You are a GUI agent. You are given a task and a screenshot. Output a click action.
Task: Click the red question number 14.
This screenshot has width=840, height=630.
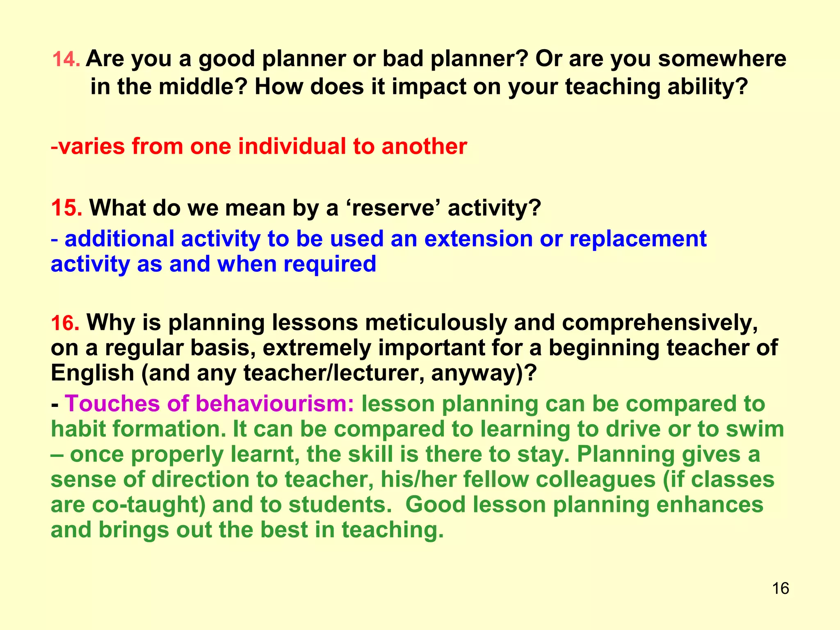66,60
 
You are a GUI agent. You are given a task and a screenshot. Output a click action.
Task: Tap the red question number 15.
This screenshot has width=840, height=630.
66,208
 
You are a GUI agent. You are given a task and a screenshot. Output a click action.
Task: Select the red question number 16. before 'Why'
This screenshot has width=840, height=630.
65,323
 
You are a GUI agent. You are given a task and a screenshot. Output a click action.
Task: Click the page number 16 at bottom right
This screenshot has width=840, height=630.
780,589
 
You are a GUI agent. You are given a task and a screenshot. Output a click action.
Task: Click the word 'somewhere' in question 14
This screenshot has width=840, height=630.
722,59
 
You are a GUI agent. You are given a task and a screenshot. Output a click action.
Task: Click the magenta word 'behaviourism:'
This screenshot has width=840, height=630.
275,404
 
